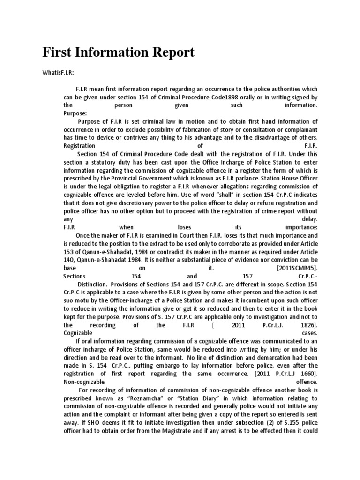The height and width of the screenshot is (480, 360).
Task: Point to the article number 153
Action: [69, 251]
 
